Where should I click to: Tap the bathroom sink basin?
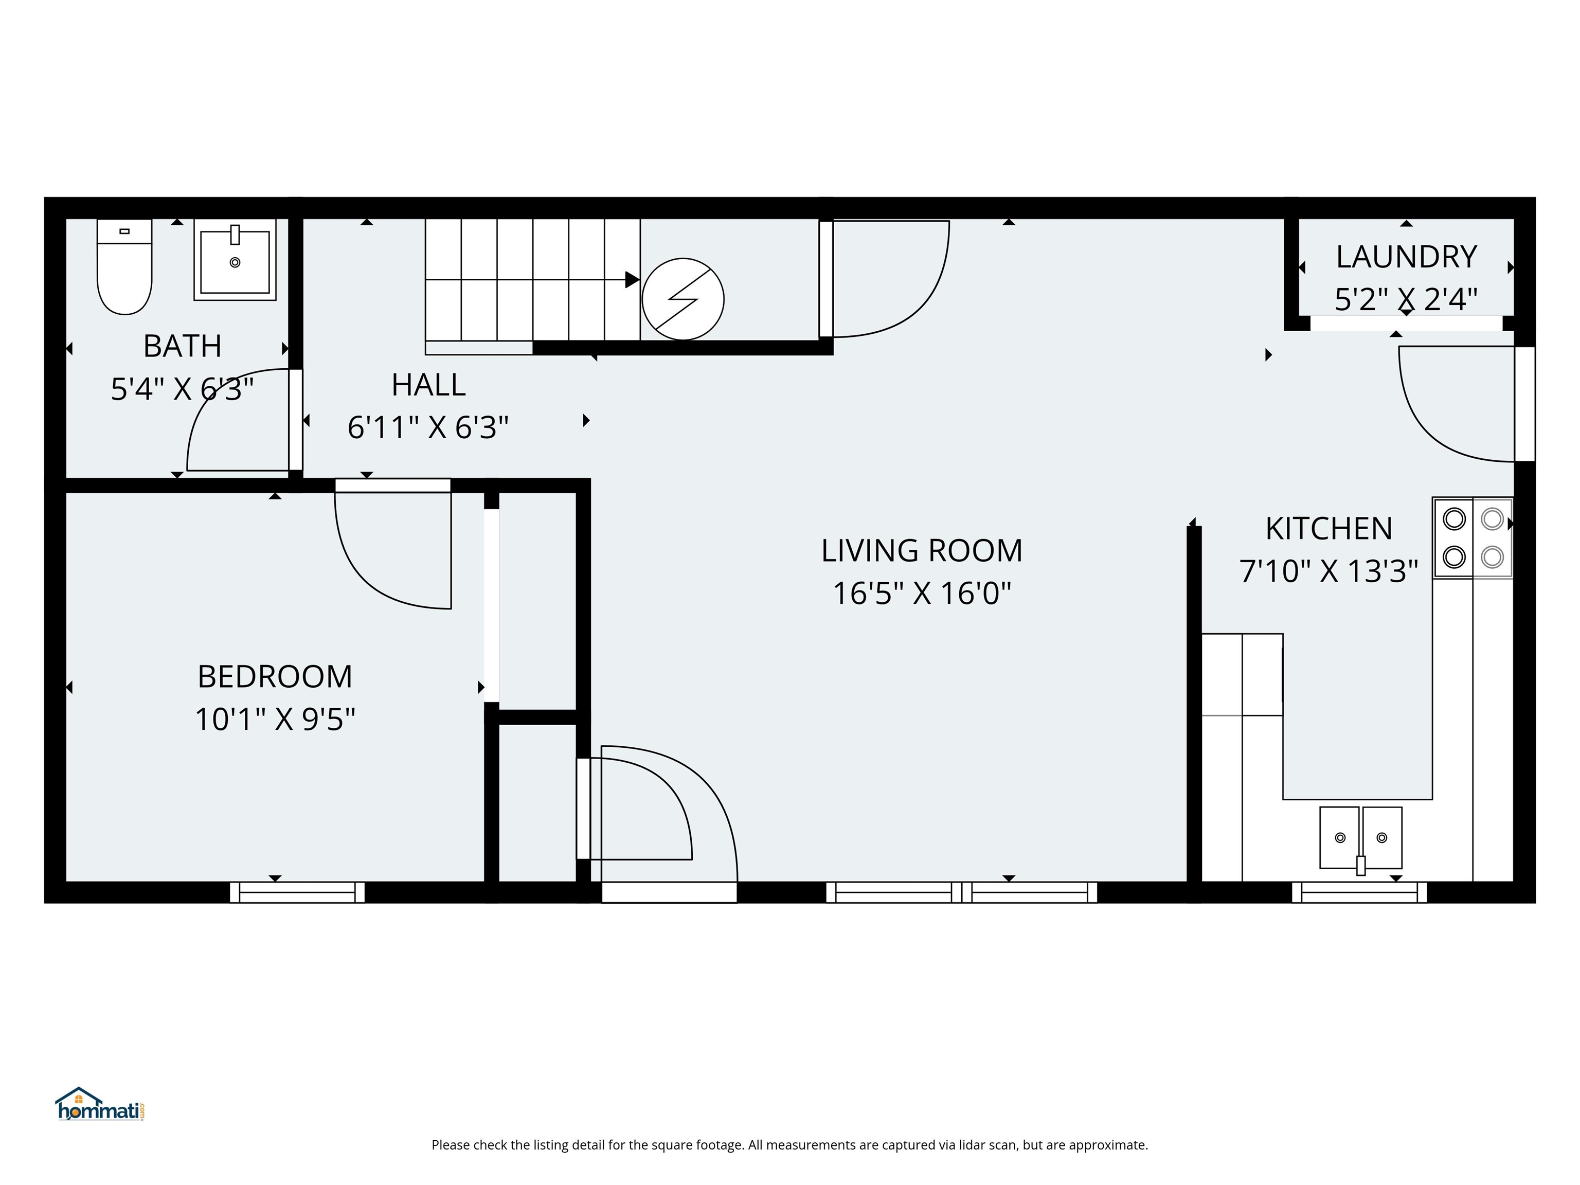[x=235, y=261]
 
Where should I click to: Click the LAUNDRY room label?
[x=1406, y=257]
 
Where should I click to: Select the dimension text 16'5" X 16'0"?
[x=922, y=594]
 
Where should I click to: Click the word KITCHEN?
[x=1328, y=529]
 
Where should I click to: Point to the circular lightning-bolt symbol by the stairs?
[x=683, y=299]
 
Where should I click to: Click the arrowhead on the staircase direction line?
[x=632, y=279]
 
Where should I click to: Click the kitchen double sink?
[x=1360, y=837]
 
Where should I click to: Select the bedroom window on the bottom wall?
[x=297, y=892]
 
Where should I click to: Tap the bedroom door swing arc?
[x=371, y=571]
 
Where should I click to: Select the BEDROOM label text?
[x=275, y=676]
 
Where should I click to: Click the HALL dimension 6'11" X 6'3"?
[x=428, y=428]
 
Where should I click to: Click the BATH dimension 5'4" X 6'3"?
[x=182, y=389]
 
